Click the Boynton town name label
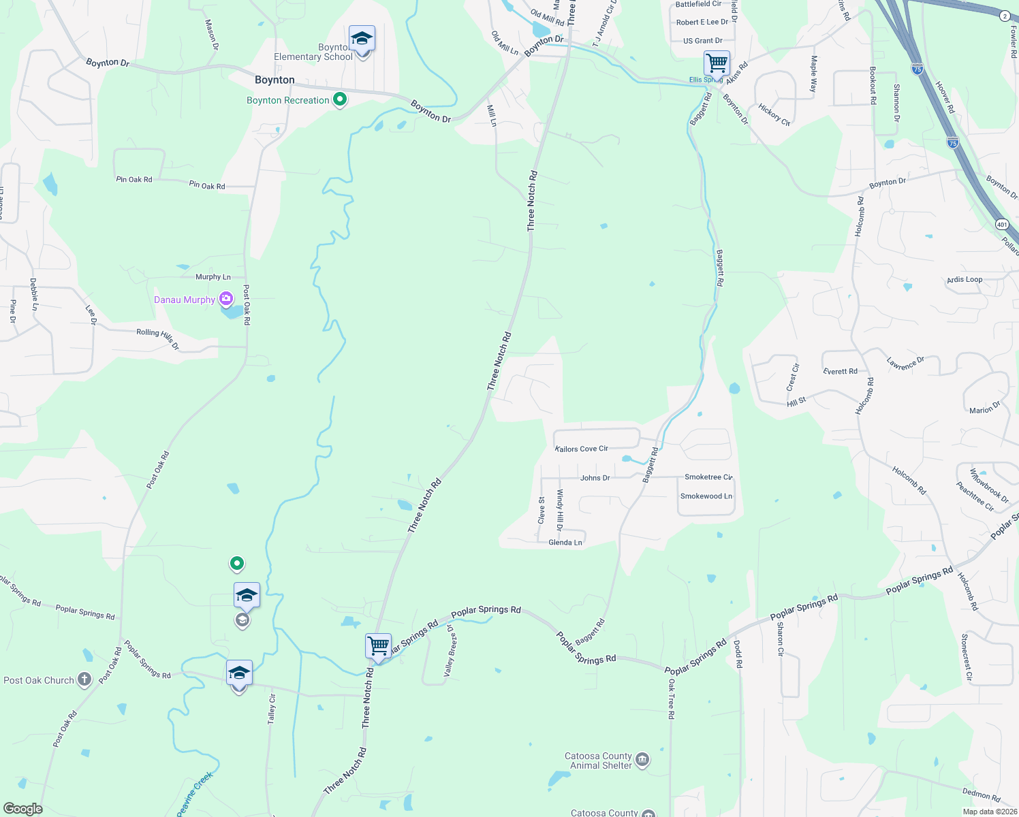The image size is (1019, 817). pyautogui.click(x=275, y=80)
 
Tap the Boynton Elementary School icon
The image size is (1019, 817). pyautogui.click(x=362, y=39)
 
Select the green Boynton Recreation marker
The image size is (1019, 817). pyautogui.click(x=340, y=99)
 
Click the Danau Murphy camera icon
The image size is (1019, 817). pyautogui.click(x=226, y=298)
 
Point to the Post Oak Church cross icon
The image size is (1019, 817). pyautogui.click(x=84, y=679)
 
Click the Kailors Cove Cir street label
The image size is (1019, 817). pyautogui.click(x=582, y=449)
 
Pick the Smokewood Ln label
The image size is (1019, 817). pyautogui.click(x=706, y=496)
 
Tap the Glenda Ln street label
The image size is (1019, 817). pyautogui.click(x=565, y=543)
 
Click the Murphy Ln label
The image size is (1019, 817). pyautogui.click(x=213, y=276)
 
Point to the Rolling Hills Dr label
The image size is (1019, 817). pyautogui.click(x=157, y=337)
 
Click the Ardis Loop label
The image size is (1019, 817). pyautogui.click(x=965, y=279)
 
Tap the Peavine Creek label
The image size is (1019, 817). pyautogui.click(x=195, y=793)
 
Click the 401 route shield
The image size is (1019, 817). pyautogui.click(x=1001, y=223)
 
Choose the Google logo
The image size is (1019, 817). pyautogui.click(x=23, y=808)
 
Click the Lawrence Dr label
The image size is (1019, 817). pyautogui.click(x=905, y=364)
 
